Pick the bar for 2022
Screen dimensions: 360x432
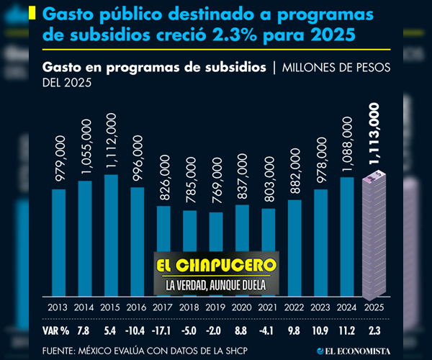point(294,248)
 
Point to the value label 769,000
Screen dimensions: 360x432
point(216,185)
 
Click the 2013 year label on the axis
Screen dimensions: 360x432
point(58,307)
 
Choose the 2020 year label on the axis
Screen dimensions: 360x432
point(242,307)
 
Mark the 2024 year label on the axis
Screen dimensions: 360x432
point(347,307)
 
